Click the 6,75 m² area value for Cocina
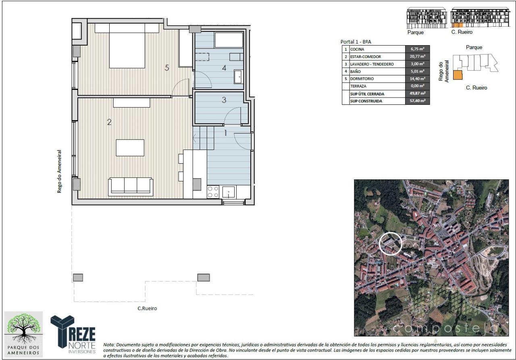pyautogui.click(x=417, y=49)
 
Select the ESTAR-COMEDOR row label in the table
pyautogui.click(x=365, y=57)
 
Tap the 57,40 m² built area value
pyautogui.click(x=417, y=101)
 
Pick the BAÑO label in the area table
pyautogui.click(x=355, y=72)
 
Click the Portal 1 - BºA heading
pyautogui.click(x=356, y=42)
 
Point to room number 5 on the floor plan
pyautogui.click(x=167, y=68)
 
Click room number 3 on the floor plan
pyautogui.click(x=224, y=100)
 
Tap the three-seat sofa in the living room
pyautogui.click(x=131, y=187)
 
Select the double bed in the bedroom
pyautogui.click(x=127, y=46)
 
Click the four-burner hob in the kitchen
pyautogui.click(x=213, y=192)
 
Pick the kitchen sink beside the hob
pyautogui.click(x=229, y=192)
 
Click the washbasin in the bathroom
pyautogui.click(x=238, y=77)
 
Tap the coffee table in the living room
pyautogui.click(x=130, y=148)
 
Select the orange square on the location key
pyautogui.click(x=458, y=75)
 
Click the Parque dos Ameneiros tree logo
pyautogui.click(x=23, y=334)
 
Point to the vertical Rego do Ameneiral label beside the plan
pyautogui.click(x=59, y=172)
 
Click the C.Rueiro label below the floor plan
pyautogui.click(x=147, y=308)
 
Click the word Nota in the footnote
pyautogui.click(x=109, y=345)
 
